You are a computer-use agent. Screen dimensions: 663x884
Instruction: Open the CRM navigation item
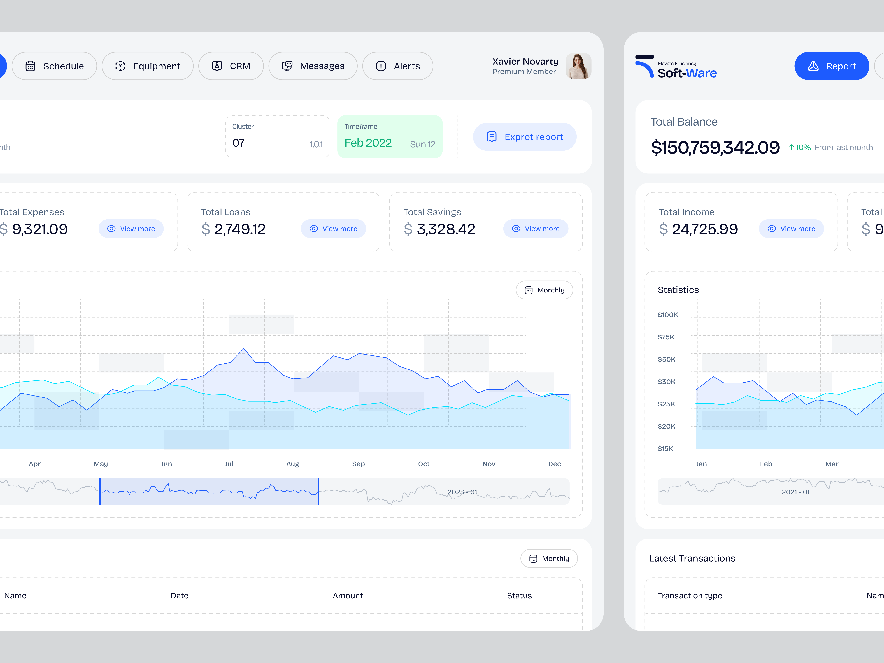pyautogui.click(x=231, y=66)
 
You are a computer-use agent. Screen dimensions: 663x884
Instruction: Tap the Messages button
pyautogui.click(x=313, y=66)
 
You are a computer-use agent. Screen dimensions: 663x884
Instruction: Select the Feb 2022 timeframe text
pyautogui.click(x=368, y=143)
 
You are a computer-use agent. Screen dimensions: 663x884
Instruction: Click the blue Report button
pyautogui.click(x=832, y=66)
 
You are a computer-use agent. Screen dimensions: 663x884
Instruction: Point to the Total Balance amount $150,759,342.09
pyautogui.click(x=715, y=148)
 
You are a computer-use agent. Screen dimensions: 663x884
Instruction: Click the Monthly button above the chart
pyautogui.click(x=544, y=290)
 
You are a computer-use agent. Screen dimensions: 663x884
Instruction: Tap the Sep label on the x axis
pyautogui.click(x=358, y=464)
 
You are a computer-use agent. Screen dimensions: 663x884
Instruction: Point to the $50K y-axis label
pyautogui.click(x=667, y=359)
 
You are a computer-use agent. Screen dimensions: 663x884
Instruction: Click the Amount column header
pyautogui.click(x=348, y=595)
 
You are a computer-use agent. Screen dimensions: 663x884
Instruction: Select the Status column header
pyautogui.click(x=519, y=595)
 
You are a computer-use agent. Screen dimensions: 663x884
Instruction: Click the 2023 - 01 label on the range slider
pyautogui.click(x=462, y=492)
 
